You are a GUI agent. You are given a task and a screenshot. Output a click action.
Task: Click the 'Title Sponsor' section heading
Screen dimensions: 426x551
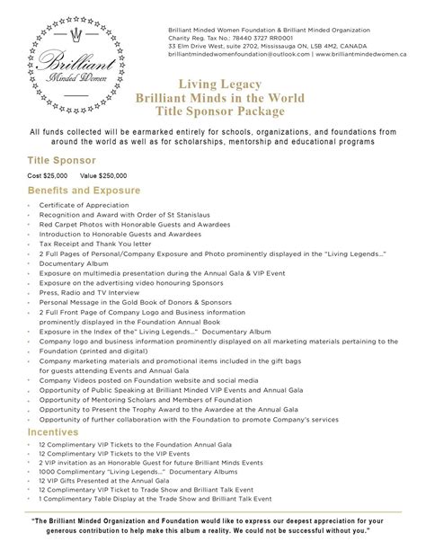60,159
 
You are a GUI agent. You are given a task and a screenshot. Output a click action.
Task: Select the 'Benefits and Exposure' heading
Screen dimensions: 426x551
84,191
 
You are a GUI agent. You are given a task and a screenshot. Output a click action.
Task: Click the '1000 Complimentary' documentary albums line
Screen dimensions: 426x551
125,472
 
